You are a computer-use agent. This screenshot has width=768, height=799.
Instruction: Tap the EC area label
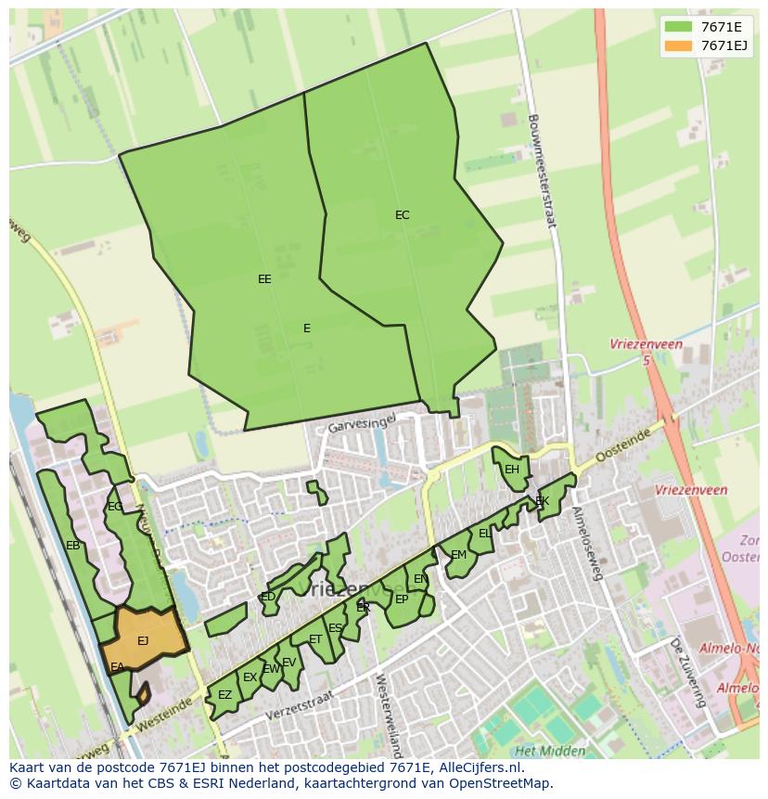point(402,215)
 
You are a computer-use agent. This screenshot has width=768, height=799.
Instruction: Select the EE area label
point(264,278)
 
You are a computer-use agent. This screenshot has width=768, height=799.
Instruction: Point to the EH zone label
point(511,470)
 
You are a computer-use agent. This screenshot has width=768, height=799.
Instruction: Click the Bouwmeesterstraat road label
point(541,172)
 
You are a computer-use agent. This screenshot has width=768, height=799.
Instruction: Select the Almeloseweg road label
point(587,543)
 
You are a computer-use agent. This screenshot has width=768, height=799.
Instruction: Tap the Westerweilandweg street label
point(387,715)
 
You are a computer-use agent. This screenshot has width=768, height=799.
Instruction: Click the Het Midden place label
point(550,751)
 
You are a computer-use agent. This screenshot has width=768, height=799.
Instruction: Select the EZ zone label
point(224,695)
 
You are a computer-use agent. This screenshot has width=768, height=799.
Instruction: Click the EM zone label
point(458,555)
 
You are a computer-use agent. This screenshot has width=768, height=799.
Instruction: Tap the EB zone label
point(72,546)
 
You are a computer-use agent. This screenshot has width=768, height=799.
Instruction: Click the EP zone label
point(402,599)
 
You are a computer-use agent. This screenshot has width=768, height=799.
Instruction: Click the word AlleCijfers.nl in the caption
point(481,767)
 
